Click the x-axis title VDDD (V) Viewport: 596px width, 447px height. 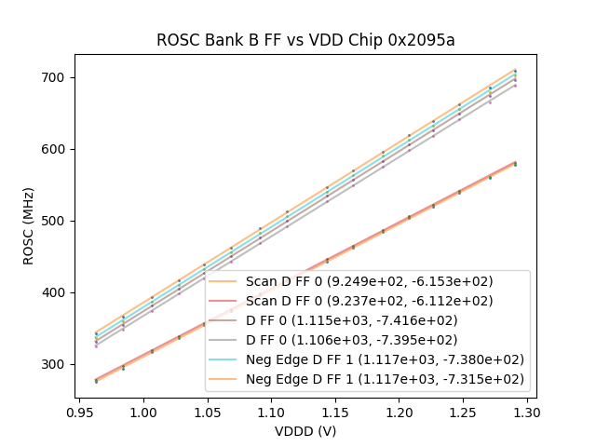[x=305, y=431]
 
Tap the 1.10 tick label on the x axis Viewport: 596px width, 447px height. [x=271, y=411]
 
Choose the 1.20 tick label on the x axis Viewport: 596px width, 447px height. [x=399, y=411]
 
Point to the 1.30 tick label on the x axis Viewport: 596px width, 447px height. [x=526, y=411]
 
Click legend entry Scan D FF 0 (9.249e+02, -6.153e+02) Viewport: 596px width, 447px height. [x=369, y=281]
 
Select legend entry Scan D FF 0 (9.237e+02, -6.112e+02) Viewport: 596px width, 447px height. [x=369, y=301]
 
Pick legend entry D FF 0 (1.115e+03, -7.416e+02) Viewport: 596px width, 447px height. [x=352, y=320]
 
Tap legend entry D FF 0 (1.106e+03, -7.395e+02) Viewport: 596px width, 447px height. [x=352, y=340]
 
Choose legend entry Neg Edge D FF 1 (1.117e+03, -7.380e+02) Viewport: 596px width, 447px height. [x=385, y=359]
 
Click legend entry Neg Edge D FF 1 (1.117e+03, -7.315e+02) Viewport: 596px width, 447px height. [x=385, y=379]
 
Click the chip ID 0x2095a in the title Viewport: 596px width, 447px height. [x=422, y=40]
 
